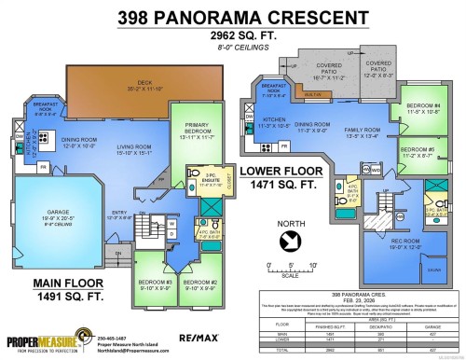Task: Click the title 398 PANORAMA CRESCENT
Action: pos(232,16)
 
